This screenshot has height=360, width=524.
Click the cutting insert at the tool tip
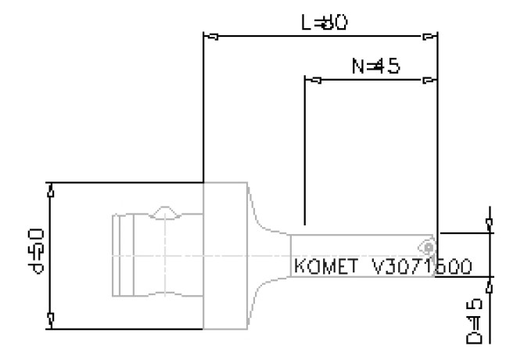pyautogui.click(x=429, y=246)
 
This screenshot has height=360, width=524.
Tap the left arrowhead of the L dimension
pyautogui.click(x=209, y=36)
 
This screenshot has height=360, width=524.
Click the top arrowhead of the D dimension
pyautogui.click(x=490, y=225)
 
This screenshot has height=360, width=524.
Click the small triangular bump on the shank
pyautogui.click(x=167, y=212)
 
